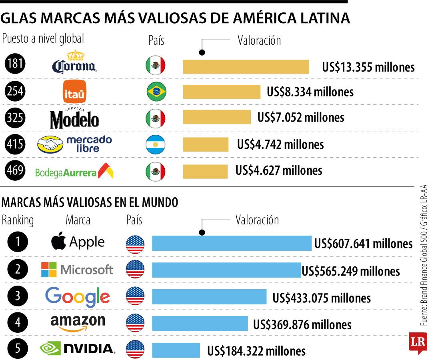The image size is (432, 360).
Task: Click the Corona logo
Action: point(74,63)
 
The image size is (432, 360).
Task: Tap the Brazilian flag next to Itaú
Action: point(156,92)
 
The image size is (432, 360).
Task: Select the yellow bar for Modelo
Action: point(216,117)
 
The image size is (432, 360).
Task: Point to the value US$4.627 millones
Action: point(278,170)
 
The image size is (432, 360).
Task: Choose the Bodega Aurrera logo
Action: point(74,172)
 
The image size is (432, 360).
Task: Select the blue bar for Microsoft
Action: point(226,270)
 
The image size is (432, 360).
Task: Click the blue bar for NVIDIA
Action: point(176,350)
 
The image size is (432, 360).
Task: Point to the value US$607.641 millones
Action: point(363,243)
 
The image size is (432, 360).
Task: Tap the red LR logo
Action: point(416,342)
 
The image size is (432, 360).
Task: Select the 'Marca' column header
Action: point(78,220)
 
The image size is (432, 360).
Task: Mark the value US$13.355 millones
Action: point(368,67)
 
